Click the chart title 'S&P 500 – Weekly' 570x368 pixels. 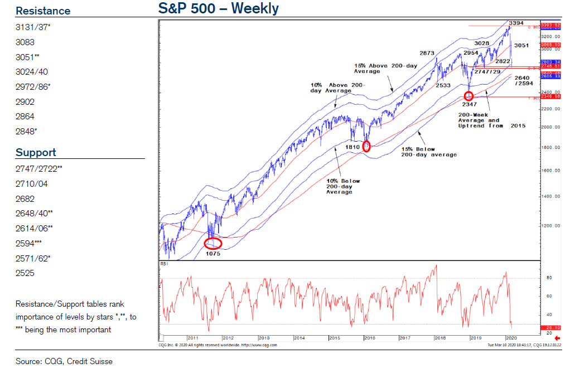tap(219, 9)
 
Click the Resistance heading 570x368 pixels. tap(43, 11)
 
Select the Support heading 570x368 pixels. tap(36, 152)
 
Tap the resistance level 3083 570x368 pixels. tap(25, 42)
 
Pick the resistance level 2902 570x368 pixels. tap(25, 101)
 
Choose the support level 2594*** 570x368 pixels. tap(28, 243)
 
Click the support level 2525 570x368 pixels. tap(25, 273)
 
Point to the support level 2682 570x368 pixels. tap(25, 198)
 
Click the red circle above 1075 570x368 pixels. tap(213, 243)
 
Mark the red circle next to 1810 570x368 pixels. tap(366, 147)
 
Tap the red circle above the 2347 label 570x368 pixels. tap(468, 96)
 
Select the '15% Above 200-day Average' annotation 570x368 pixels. tap(384, 69)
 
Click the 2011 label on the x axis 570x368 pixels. tap(193, 338)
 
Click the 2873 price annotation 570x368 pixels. tap(427, 54)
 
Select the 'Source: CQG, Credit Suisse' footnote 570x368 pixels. tap(64, 361)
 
